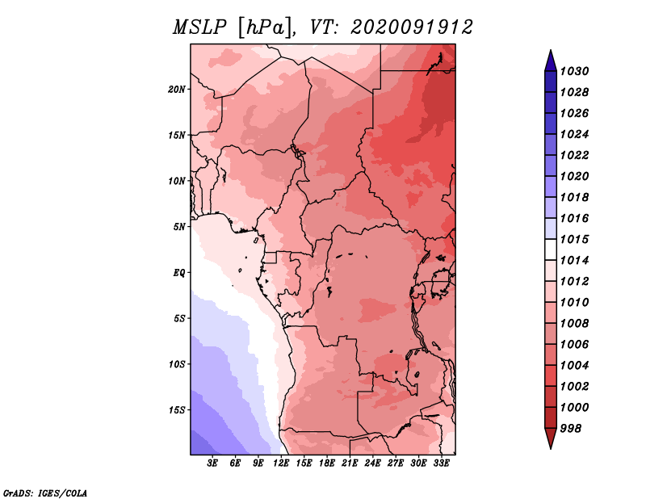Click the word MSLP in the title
pos(199,27)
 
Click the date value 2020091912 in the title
pos(412,27)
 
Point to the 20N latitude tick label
pos(176,90)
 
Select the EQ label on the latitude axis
pos(179,273)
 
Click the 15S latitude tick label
pos(176,410)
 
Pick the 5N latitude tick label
pos(178,227)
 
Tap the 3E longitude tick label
pos(212,463)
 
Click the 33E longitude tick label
pos(441,463)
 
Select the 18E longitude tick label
pos(327,463)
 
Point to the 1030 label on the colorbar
pos(574,71)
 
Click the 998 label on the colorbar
pos(571,429)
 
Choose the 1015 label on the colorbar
pos(574,239)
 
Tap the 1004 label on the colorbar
pos(574,366)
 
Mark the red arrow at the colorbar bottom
pos(551,438)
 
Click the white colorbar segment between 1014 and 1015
pos(551,249)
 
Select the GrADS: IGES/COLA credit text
pos(45,493)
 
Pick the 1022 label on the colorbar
pos(574,155)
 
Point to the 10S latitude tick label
pos(176,364)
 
